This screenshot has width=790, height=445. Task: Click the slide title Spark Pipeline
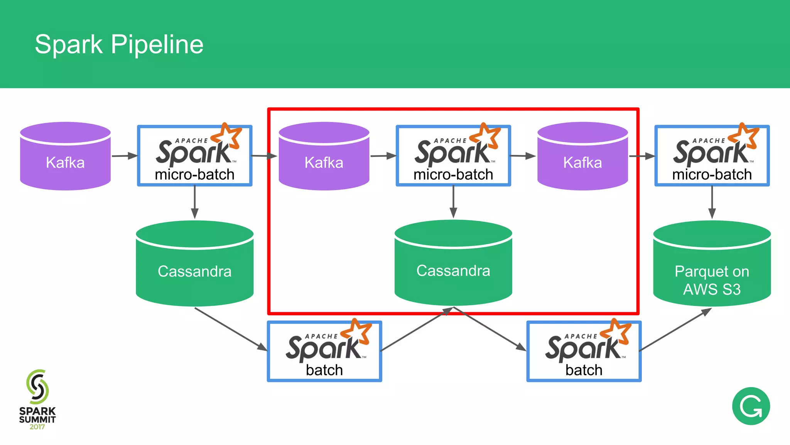point(119,44)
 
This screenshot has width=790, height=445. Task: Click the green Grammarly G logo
point(751,406)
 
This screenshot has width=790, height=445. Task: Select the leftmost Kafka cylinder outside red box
point(65,158)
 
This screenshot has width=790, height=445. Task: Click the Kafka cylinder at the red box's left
point(324,158)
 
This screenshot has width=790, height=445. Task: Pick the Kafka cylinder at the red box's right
point(582,158)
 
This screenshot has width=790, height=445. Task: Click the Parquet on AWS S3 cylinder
point(712,270)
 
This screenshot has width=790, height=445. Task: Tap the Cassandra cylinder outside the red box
point(194,270)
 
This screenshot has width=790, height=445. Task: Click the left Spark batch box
point(324,352)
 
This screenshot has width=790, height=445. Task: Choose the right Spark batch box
point(584,352)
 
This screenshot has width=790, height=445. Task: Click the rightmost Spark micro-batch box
point(712,156)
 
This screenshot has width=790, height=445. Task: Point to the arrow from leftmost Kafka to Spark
point(124,156)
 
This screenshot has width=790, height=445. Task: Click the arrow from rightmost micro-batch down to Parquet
point(712,203)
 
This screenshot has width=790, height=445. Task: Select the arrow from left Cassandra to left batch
point(231,329)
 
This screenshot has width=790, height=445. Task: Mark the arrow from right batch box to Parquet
point(675,329)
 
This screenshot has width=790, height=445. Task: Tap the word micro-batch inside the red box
point(453,175)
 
